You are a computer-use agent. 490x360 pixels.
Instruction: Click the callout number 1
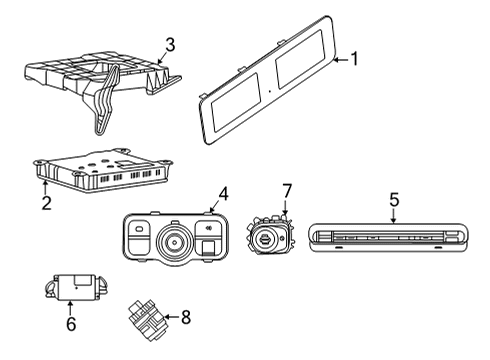click(355, 59)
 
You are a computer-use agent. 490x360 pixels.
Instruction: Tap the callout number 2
click(46, 203)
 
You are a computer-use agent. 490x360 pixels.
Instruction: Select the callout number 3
click(170, 45)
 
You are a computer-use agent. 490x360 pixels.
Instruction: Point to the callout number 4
click(224, 194)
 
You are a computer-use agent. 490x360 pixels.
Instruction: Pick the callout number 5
click(394, 200)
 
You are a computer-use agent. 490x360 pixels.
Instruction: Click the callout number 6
click(71, 324)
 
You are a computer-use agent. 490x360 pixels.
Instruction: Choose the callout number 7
click(287, 191)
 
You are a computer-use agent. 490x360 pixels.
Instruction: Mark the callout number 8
click(186, 317)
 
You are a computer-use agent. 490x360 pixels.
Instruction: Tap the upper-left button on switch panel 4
click(139, 228)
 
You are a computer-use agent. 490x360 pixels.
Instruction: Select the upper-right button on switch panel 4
click(210, 228)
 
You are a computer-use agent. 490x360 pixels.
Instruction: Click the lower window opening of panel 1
click(236, 102)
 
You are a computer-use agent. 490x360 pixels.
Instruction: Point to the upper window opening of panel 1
click(300, 59)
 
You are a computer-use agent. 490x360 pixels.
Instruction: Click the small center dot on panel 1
click(269, 91)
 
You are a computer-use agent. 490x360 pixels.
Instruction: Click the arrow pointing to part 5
click(394, 216)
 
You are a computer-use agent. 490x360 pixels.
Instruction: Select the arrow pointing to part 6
click(70, 308)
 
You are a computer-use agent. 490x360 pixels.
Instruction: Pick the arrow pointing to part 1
click(341, 60)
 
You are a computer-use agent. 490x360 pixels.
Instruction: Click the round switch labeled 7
click(270, 236)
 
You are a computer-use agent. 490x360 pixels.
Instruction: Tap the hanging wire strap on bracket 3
click(106, 100)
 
